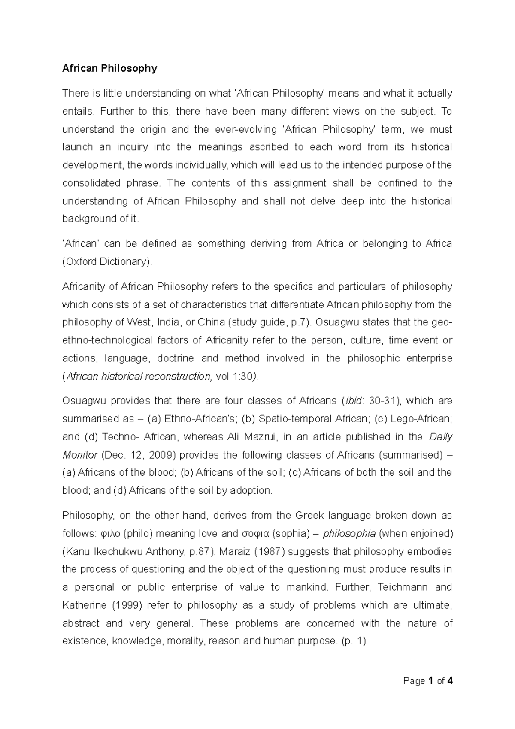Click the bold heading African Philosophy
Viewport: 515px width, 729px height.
pos(110,68)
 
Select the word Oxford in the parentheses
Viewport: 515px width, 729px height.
pos(81,262)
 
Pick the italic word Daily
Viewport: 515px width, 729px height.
pos(441,437)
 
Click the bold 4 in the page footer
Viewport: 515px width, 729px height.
pos(450,681)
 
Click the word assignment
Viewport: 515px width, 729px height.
pos(300,183)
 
